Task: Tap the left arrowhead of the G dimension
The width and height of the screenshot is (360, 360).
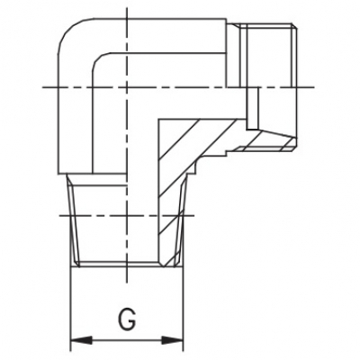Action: pyautogui.click(x=81, y=340)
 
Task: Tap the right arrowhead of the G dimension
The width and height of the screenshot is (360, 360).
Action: pyautogui.click(x=172, y=340)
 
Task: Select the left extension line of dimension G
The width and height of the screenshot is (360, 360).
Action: pyautogui.click(x=70, y=309)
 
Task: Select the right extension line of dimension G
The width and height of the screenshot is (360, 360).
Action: pyautogui.click(x=183, y=309)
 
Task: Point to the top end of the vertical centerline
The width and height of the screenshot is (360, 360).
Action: pyautogui.click(x=127, y=8)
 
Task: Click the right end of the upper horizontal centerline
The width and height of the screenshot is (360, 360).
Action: pyautogui.click(x=314, y=87)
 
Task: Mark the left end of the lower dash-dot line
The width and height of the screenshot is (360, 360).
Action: pyautogui.click(x=60, y=215)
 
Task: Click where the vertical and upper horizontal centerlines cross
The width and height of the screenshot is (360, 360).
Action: pyautogui.click(x=127, y=87)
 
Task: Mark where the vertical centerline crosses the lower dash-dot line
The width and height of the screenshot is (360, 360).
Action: pyautogui.click(x=127, y=215)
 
